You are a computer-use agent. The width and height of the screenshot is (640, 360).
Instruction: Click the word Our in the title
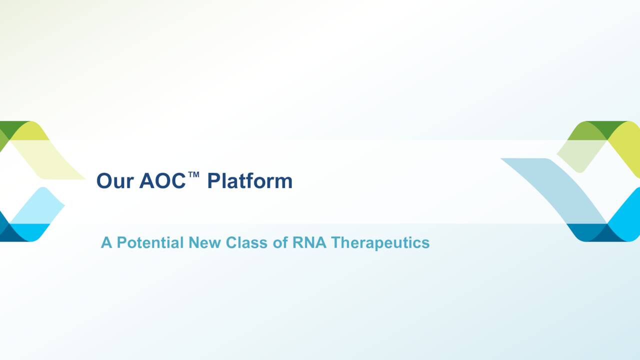[x=115, y=181]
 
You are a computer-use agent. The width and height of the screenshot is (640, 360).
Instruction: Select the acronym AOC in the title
[x=162, y=180]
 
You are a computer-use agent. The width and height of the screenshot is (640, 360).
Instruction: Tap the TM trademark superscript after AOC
[x=193, y=174]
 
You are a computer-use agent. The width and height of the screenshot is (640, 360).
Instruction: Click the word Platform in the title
[x=250, y=180]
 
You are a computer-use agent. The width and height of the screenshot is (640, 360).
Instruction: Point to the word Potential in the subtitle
[x=150, y=242]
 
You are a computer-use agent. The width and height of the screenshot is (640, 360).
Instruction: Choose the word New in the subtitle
[x=204, y=242]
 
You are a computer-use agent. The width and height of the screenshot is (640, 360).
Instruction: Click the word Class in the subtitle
[x=246, y=242]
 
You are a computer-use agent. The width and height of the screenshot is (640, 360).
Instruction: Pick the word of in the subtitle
[x=280, y=242]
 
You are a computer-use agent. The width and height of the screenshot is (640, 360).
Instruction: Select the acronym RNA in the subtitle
[x=309, y=242]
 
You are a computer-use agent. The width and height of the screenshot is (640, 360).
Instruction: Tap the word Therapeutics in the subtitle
[x=380, y=243]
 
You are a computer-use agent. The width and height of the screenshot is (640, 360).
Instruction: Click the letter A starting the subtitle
[x=106, y=242]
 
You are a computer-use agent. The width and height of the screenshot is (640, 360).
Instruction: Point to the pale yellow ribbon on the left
[x=47, y=159]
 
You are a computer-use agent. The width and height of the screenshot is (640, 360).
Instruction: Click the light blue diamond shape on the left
[x=37, y=205]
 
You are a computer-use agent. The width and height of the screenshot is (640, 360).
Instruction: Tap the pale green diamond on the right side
[x=581, y=155]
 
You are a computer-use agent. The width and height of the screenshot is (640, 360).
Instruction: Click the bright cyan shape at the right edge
[x=627, y=214]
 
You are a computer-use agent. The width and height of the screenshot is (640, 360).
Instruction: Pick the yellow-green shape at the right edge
[x=627, y=148]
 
